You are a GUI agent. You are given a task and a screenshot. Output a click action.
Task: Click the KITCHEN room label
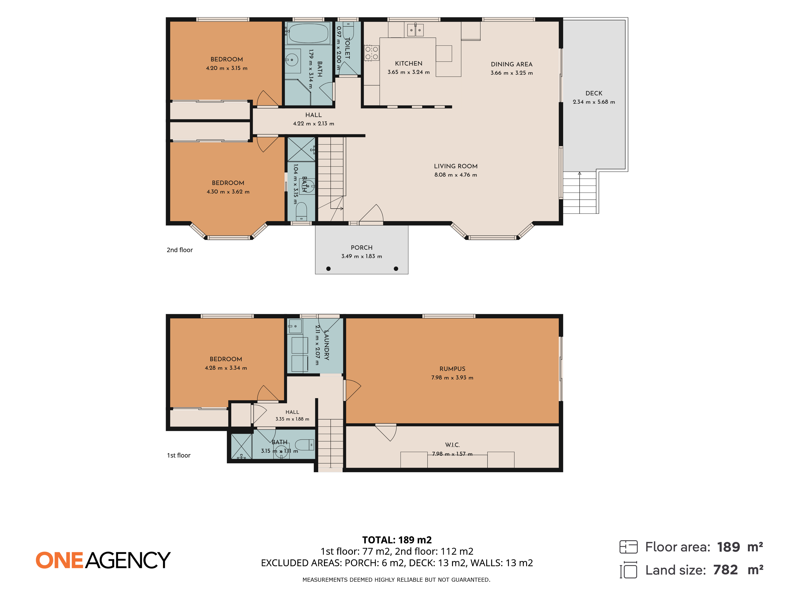409,64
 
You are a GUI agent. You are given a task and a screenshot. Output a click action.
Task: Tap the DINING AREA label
512,64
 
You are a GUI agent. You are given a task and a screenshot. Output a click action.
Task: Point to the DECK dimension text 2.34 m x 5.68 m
594,102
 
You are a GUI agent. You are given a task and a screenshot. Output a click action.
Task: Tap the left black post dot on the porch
328,269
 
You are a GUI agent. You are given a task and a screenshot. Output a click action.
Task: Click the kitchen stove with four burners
372,53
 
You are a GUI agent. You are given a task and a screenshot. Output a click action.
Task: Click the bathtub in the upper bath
308,33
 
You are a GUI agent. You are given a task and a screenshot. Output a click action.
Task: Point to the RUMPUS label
452,369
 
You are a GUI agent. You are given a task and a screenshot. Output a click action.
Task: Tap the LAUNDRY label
326,345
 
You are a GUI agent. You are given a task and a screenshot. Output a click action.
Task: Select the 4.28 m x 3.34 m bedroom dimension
226,368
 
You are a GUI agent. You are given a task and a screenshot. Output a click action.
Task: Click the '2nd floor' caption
179,250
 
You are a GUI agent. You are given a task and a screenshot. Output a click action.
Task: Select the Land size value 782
725,570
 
